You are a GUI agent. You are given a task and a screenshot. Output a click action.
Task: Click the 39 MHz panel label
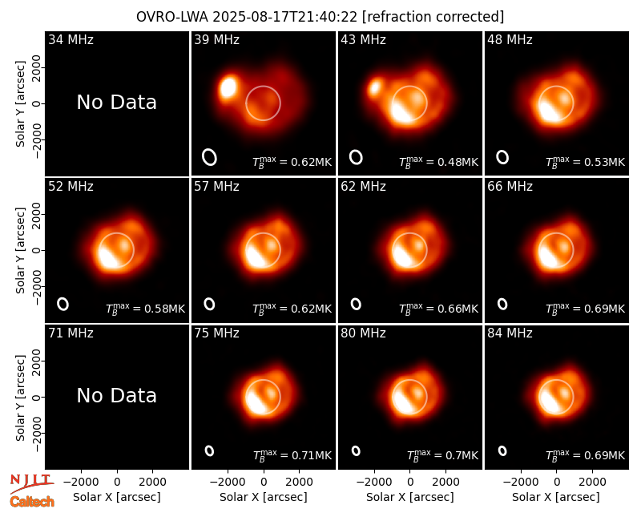coord(216,39)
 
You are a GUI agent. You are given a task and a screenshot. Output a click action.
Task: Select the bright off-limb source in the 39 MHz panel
coord(228,87)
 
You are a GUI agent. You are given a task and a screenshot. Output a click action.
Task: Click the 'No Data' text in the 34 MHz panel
coord(116,103)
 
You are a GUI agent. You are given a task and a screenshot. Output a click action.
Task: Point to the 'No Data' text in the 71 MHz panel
coord(116,396)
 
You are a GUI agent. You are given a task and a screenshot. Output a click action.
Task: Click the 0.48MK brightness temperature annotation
coord(438,162)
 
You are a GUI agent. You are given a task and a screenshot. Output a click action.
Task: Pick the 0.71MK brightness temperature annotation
coord(292,455)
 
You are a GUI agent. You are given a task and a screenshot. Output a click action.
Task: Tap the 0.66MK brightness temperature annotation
coord(438,309)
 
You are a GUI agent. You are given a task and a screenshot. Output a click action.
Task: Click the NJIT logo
coord(31,483)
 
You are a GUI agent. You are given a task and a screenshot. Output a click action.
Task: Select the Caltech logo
coord(32,502)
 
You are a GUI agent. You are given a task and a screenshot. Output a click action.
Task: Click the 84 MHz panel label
coord(510,333)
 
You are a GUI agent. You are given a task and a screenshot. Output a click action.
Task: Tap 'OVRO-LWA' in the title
coord(172,17)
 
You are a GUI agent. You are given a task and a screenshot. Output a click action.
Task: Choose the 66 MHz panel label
coord(510,187)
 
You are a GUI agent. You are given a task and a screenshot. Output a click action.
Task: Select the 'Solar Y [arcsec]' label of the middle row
coord(21,250)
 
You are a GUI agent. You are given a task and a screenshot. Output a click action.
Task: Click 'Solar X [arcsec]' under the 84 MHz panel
coord(556,497)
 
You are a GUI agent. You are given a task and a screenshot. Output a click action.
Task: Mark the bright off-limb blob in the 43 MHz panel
coord(374,88)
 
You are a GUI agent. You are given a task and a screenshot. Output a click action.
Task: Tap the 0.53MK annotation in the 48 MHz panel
coord(586,162)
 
